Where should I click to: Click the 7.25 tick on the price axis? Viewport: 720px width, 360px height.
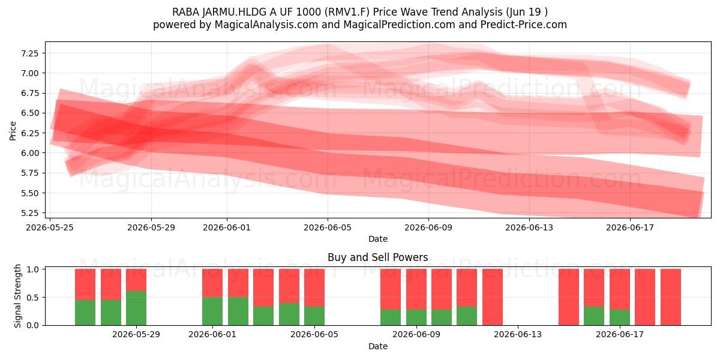(x=30, y=53)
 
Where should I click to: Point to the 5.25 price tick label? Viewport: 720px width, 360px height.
(x=30, y=213)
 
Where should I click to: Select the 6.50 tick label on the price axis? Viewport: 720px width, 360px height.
(x=30, y=113)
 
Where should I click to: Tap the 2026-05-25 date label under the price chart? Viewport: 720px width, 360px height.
(x=50, y=227)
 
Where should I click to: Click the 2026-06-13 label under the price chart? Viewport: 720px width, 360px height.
(x=529, y=227)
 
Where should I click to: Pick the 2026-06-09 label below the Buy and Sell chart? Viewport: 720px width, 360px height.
(x=416, y=335)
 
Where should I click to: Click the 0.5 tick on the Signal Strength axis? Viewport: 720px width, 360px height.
(x=33, y=298)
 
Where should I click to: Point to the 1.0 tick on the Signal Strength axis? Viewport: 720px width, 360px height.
(x=33, y=269)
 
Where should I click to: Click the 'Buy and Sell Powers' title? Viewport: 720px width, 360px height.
(x=377, y=257)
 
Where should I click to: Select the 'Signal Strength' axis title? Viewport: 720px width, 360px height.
(x=17, y=296)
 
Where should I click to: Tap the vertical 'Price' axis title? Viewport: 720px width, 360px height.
(x=13, y=131)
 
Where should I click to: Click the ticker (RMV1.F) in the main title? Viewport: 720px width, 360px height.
(x=347, y=12)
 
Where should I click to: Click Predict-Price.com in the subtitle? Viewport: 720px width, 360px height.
(x=524, y=25)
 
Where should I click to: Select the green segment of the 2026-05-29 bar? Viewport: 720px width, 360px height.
(x=136, y=308)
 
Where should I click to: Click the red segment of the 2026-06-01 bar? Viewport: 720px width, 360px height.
(x=212, y=283)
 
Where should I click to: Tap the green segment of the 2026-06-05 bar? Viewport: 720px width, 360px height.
(x=314, y=316)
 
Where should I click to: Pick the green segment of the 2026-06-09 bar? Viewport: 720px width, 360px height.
(x=416, y=317)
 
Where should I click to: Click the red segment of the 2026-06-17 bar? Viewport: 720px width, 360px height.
(x=620, y=289)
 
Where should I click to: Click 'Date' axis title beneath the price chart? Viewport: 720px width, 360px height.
(x=377, y=239)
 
